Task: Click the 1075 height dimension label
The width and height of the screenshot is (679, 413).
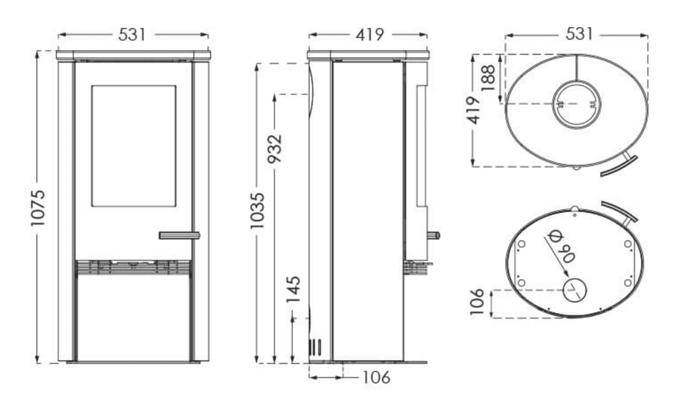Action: point(38,208)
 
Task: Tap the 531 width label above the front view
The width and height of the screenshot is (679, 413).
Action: point(132,35)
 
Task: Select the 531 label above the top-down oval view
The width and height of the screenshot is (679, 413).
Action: point(579,34)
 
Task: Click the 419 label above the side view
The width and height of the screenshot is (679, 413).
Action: point(370,34)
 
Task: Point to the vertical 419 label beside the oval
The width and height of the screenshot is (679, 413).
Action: point(475,110)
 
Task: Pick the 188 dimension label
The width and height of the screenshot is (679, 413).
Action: point(487,77)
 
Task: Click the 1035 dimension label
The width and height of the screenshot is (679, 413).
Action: point(257,211)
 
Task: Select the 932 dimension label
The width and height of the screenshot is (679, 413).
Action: point(275,149)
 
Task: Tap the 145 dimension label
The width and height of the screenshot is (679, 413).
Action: point(293,289)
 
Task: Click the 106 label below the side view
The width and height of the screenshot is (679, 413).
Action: point(376,377)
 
